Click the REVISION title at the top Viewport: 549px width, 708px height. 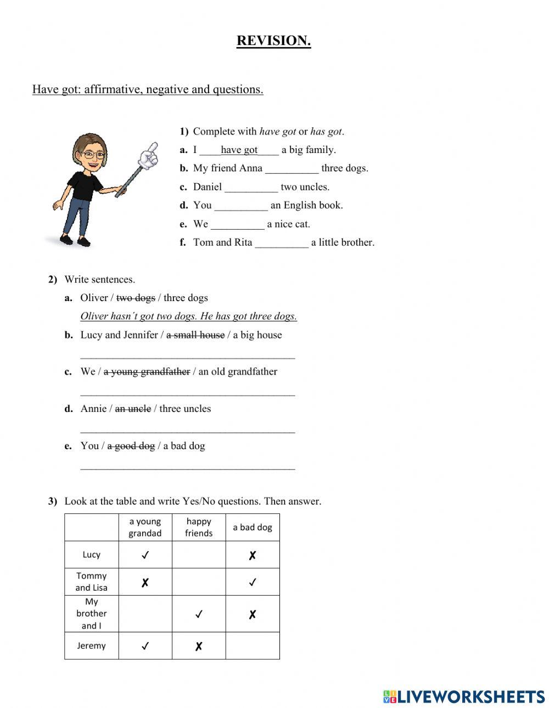tap(273, 41)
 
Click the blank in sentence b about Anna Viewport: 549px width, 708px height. tap(292, 169)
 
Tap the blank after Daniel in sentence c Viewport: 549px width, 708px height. tap(251, 188)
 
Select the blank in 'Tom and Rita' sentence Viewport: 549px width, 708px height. tap(282, 243)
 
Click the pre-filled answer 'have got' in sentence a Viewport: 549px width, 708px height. tap(239, 150)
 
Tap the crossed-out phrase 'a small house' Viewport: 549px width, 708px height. tap(195, 335)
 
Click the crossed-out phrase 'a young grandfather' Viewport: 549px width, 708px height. tap(147, 372)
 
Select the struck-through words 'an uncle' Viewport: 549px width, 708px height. tap(132, 409)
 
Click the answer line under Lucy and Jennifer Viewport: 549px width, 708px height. tap(187, 356)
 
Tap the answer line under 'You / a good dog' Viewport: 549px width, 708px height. tap(187, 467)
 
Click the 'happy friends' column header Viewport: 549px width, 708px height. tap(199, 527)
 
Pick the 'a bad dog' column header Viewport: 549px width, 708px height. tap(252, 527)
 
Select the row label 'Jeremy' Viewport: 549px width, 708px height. tap(91, 645)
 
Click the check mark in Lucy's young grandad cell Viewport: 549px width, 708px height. tap(145, 555)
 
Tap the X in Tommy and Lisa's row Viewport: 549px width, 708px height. tap(145, 582)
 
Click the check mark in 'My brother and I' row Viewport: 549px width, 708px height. tap(199, 614)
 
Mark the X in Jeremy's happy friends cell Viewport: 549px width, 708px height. tap(199, 647)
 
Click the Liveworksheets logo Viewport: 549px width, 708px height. tap(464, 696)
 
